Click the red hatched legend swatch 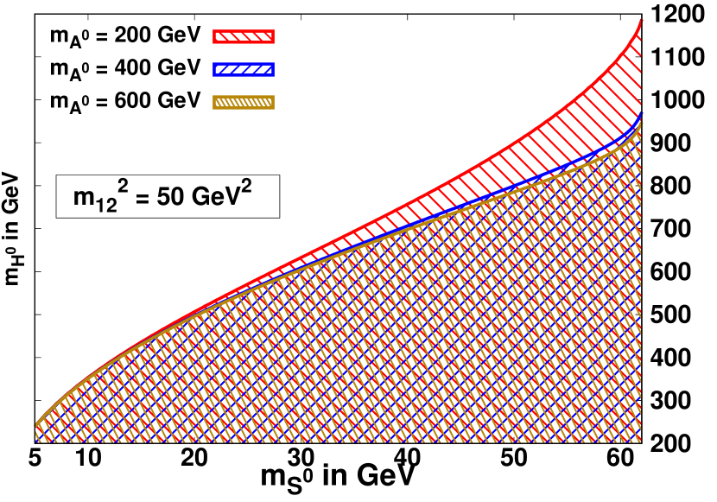click(244, 36)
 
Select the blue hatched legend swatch click(244, 69)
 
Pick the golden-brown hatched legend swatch click(244, 102)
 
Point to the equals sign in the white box click(139, 198)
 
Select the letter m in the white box click(83, 198)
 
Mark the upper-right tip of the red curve click(641, 19)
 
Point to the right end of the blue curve click(641, 113)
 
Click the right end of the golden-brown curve click(641, 123)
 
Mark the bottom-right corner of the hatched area click(640, 442)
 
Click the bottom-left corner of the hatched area click(37, 442)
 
